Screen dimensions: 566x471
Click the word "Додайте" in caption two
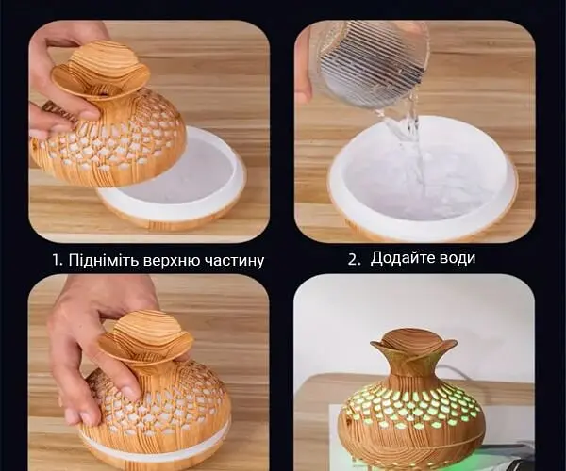402,258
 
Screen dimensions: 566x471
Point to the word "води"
457,259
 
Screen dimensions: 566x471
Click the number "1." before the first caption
58,260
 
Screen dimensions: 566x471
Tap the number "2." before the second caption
354,259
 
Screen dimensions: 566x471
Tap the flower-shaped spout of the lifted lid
100,71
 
